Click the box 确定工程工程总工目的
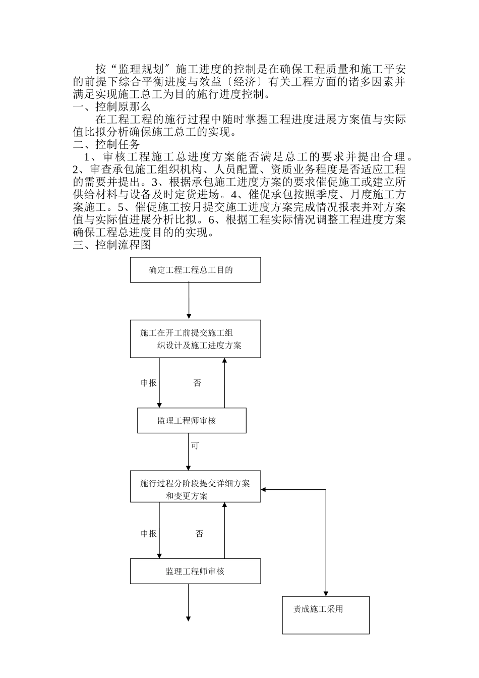tap(195, 270)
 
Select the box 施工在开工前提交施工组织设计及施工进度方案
tap(195, 339)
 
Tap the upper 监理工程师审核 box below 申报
tap(192, 421)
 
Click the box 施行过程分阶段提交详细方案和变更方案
tap(195, 487)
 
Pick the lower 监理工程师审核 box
tap(195, 571)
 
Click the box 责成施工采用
tap(325, 614)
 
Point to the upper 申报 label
tap(149, 383)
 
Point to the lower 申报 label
tap(149, 534)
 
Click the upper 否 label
tap(197, 383)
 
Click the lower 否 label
tap(199, 534)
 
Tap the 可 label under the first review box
tap(195, 446)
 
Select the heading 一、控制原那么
tap(111, 107)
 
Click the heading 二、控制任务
tap(106, 145)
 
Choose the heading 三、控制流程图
tap(112, 245)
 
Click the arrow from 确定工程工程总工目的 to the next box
tap(189, 301)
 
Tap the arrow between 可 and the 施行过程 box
tap(189, 459)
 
